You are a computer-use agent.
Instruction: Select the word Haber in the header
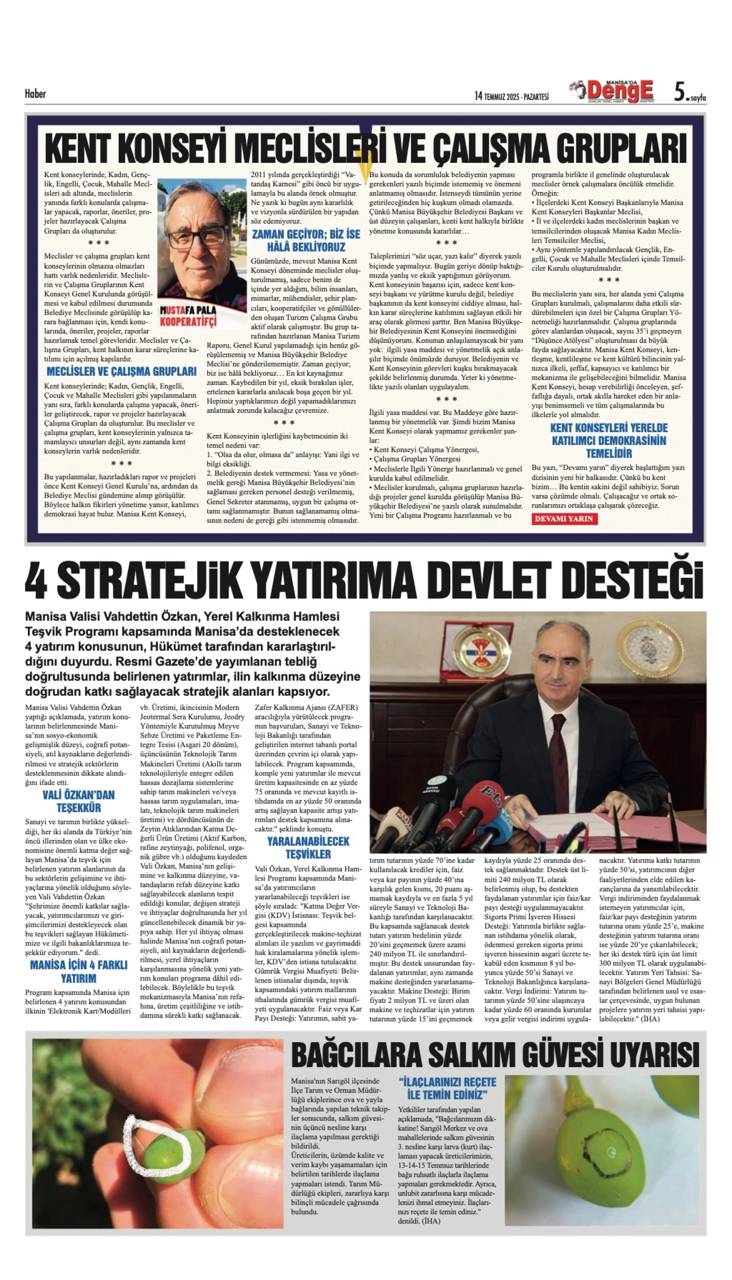[x=35, y=94]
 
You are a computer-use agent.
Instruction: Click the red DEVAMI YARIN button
[x=564, y=519]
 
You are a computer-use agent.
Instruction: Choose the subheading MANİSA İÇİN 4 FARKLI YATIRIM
[x=79, y=971]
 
